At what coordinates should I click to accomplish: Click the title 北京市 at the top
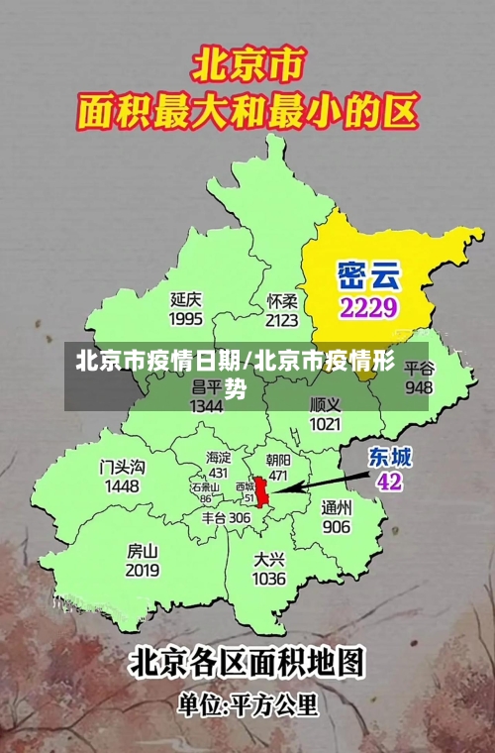pyautogui.click(x=247, y=66)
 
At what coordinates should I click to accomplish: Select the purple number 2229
pyautogui.click(x=368, y=306)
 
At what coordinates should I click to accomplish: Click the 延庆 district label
pyautogui.click(x=186, y=298)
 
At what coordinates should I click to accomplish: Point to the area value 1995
pyautogui.click(x=186, y=318)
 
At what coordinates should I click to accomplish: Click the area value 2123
pyautogui.click(x=282, y=319)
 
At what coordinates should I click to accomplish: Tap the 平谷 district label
pyautogui.click(x=419, y=369)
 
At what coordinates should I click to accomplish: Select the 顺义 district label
pyautogui.click(x=325, y=405)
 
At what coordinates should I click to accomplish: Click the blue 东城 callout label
pyautogui.click(x=390, y=457)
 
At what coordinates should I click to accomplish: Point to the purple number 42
pyautogui.click(x=389, y=482)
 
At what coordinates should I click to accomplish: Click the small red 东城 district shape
pyautogui.click(x=262, y=491)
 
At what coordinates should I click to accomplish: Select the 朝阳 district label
pyautogui.click(x=279, y=460)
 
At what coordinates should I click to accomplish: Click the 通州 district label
pyautogui.click(x=337, y=507)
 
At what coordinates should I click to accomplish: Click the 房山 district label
pyautogui.click(x=143, y=551)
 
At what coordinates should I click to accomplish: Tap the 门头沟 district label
pyautogui.click(x=122, y=466)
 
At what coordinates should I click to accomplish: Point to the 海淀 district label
pyautogui.click(x=218, y=458)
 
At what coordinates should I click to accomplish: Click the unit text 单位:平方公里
pyautogui.click(x=247, y=706)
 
